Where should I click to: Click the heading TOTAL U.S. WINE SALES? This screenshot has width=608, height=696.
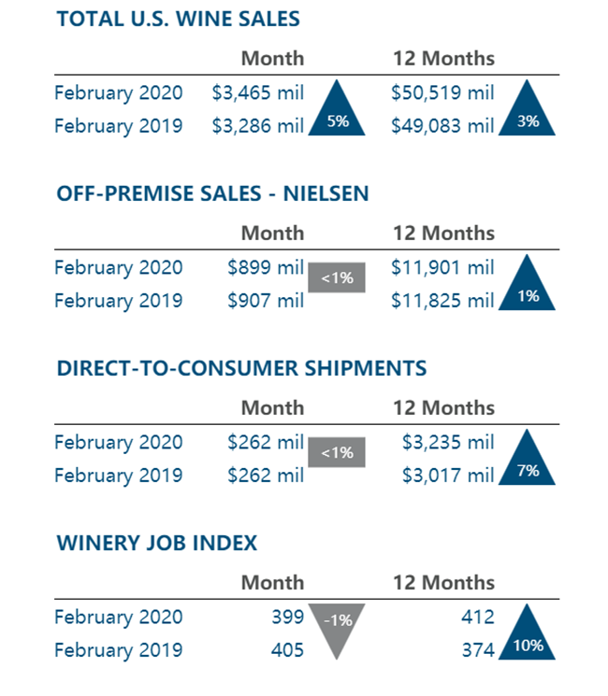coord(178,19)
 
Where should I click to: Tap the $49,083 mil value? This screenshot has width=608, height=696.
coord(442,125)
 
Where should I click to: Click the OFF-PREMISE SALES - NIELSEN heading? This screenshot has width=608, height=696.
coord(212,193)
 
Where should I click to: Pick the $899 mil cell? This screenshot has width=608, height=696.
coord(266,267)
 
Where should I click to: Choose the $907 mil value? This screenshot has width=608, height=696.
coord(266,301)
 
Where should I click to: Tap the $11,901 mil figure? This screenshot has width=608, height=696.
coord(442,267)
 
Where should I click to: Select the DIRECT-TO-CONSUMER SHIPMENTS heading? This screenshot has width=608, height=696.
coord(241,368)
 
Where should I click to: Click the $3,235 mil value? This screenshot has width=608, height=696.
coord(447,442)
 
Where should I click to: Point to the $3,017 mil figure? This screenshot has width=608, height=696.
coord(447,476)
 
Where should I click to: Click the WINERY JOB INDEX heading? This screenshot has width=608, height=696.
coord(156,543)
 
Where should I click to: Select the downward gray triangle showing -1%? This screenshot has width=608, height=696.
coord(337,626)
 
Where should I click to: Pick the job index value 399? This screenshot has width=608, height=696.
coord(286,617)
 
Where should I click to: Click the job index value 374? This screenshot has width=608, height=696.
coord(476,650)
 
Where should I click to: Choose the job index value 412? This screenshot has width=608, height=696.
coord(476,617)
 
